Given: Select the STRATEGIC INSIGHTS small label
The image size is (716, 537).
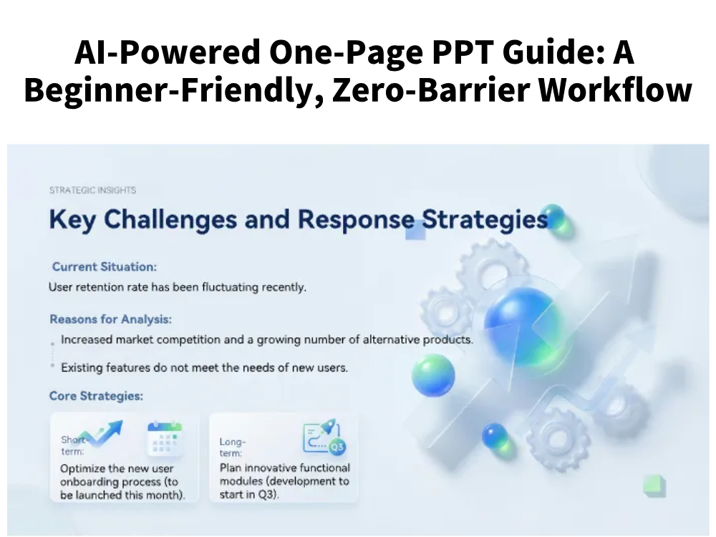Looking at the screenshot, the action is click(92, 190).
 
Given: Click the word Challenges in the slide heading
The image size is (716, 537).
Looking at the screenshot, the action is click(170, 220).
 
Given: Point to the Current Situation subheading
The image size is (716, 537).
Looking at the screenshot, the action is click(105, 266).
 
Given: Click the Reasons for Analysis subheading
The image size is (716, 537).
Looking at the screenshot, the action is click(110, 319).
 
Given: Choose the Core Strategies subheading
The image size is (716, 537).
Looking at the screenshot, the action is click(96, 395).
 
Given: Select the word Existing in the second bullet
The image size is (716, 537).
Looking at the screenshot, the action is click(82, 367).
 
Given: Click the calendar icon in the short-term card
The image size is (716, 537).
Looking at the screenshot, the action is click(165, 439).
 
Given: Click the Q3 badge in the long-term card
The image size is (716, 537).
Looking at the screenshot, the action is click(337, 447).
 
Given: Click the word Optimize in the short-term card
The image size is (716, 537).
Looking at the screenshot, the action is click(82, 469).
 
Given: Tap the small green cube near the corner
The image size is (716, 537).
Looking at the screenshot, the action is click(654, 485).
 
